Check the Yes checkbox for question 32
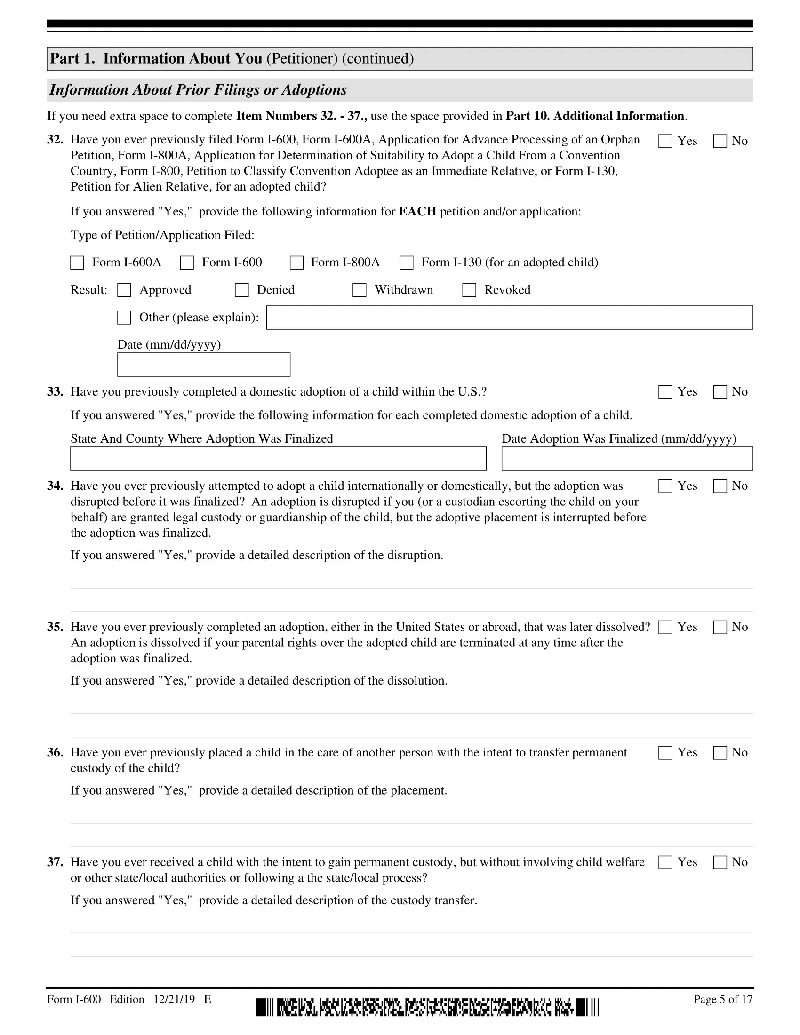[x=665, y=141]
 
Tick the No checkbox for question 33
[x=720, y=392]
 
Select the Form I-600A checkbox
[x=77, y=263]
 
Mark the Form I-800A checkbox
[x=296, y=263]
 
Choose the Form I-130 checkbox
[x=407, y=263]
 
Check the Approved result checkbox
[x=124, y=290]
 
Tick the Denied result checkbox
[x=242, y=290]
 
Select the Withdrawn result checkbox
[x=359, y=290]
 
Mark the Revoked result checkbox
[x=469, y=290]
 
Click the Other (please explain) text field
[x=510, y=318]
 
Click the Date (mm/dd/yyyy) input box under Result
[x=204, y=365]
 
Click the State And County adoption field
[x=278, y=459]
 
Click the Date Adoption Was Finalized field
[x=627, y=459]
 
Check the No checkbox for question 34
[x=720, y=486]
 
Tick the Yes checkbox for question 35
[x=665, y=628]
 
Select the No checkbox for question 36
[x=720, y=753]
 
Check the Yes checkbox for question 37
[x=665, y=862]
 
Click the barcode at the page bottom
[x=427, y=1007]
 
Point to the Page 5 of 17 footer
[x=723, y=999]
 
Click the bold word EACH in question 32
[x=417, y=211]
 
